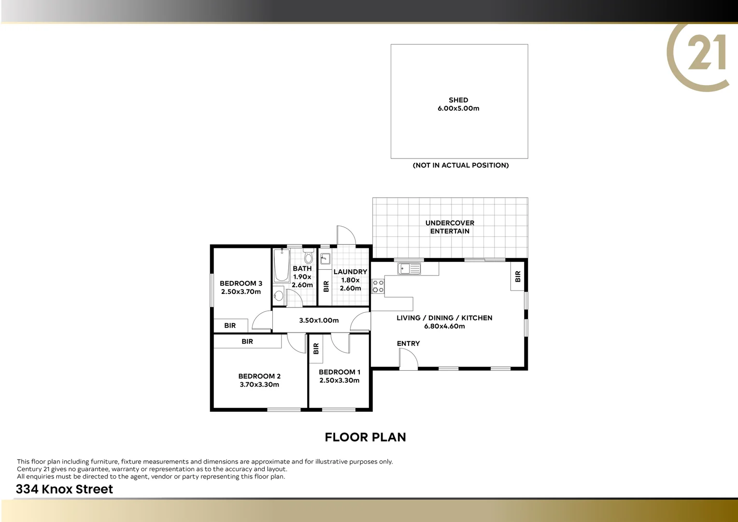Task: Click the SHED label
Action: point(458,100)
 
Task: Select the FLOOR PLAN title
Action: point(365,437)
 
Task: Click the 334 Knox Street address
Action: point(64,489)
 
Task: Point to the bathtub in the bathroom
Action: point(281,265)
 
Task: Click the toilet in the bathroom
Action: point(308,257)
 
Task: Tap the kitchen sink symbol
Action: point(409,268)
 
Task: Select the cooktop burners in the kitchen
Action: point(378,286)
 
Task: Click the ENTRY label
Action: point(408,344)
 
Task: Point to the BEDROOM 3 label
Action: point(241,283)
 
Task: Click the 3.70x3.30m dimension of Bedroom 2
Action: point(259,385)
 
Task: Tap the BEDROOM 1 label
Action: point(340,372)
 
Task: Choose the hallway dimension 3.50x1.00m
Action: point(319,320)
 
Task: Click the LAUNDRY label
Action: point(350,272)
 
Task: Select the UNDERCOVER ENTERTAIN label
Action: point(450,227)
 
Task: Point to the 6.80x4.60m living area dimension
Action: point(444,326)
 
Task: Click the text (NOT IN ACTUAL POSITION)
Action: point(460,165)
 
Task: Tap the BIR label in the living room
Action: point(518,276)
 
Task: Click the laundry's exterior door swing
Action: point(345,235)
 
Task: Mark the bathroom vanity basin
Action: point(278,295)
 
